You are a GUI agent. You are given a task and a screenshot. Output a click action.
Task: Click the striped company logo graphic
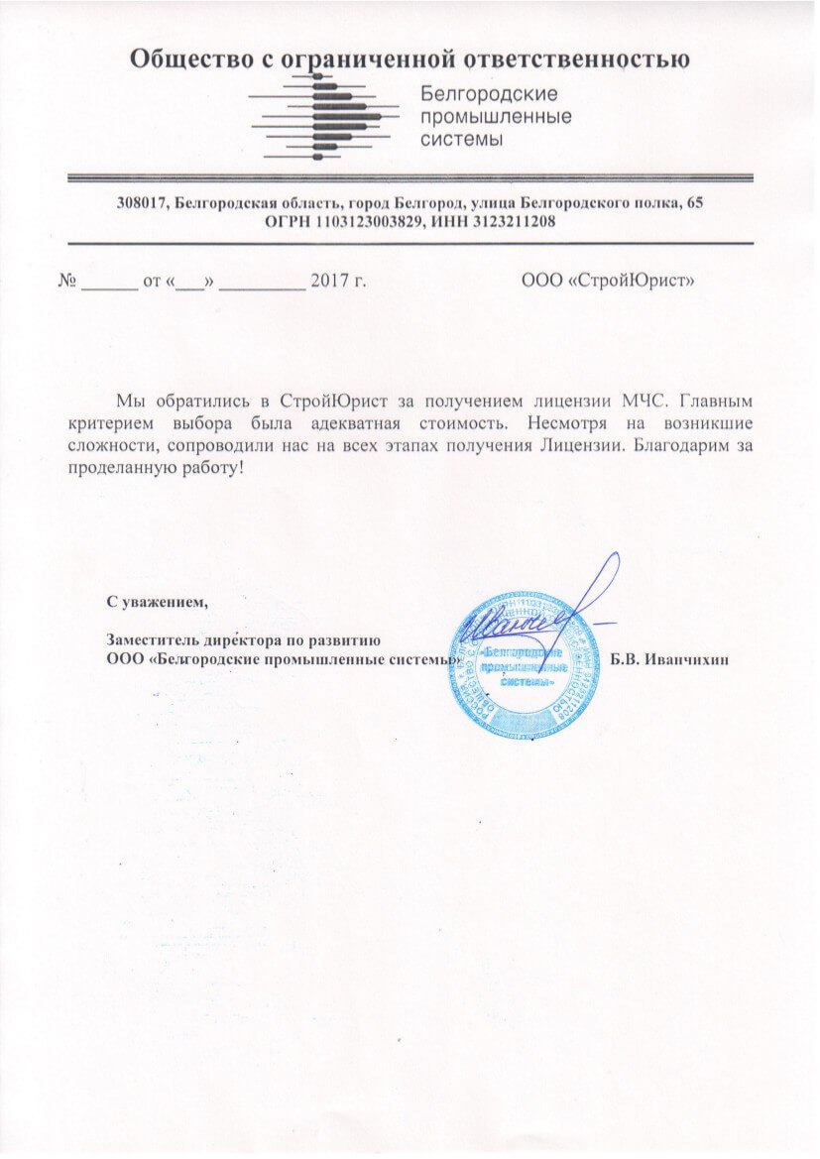(324, 118)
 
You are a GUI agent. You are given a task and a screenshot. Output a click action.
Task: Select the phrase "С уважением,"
(158, 601)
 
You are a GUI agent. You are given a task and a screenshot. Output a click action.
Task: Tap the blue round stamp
(527, 664)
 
